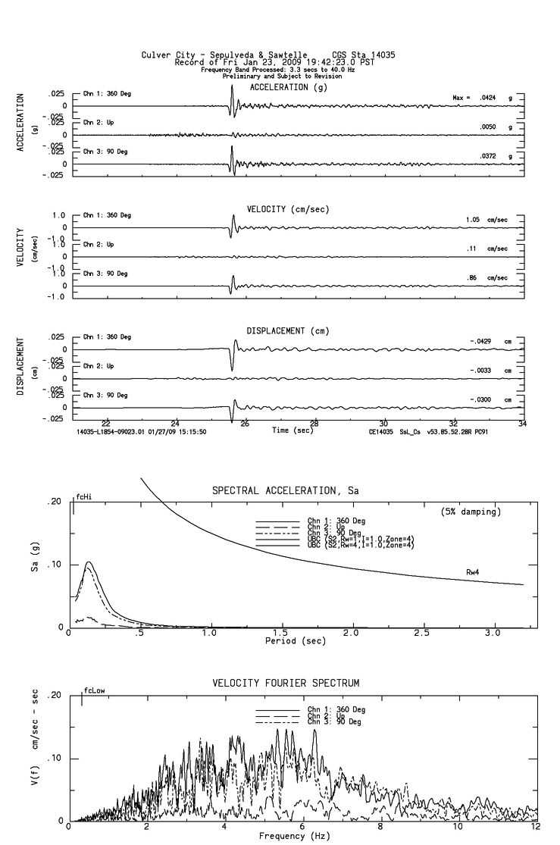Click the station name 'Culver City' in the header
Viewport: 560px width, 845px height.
tap(162, 55)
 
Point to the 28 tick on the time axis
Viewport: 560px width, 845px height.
tap(314, 424)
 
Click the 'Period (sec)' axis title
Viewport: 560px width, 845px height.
tap(279, 641)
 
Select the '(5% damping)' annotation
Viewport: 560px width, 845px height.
tap(471, 512)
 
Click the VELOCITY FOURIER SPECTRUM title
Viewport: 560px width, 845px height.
tap(296, 684)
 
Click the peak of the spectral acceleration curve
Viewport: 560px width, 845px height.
tap(89, 562)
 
